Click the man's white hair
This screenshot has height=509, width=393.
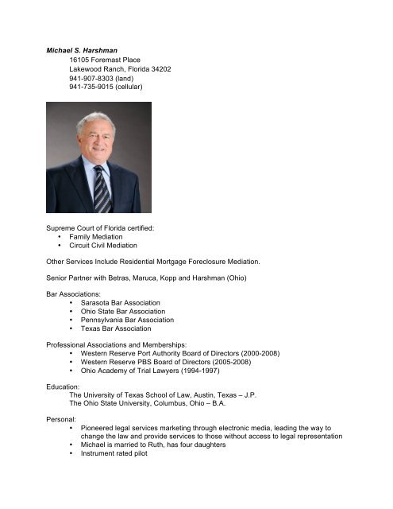95,119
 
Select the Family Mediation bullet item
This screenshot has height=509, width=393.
96,237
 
